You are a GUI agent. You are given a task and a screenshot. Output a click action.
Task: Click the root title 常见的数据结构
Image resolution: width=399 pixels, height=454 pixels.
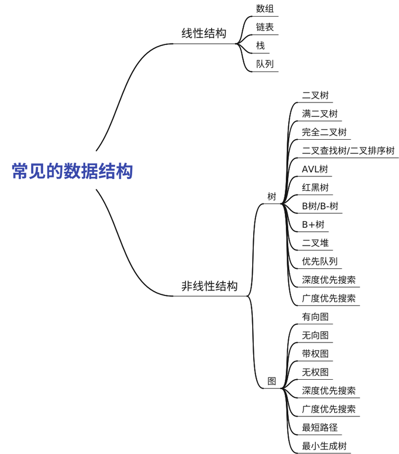click(x=73, y=171)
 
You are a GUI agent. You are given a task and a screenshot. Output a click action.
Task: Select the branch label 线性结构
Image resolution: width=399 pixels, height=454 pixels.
click(x=204, y=33)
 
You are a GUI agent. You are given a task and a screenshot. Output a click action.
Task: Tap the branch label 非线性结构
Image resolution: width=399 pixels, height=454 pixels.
click(x=209, y=286)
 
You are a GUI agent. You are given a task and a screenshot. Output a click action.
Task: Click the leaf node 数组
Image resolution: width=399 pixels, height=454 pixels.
click(x=265, y=8)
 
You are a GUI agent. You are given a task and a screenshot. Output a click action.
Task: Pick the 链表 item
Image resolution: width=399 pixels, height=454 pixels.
click(x=265, y=27)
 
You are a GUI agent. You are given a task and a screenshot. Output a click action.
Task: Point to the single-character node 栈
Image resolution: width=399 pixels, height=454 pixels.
click(x=260, y=45)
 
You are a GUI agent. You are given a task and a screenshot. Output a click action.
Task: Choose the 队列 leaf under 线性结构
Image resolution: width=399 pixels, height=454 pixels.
click(x=265, y=64)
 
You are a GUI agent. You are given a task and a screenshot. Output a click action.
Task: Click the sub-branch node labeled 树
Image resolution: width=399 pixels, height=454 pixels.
click(x=272, y=196)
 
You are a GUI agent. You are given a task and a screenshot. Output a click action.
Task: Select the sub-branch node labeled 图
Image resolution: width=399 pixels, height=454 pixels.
click(x=272, y=381)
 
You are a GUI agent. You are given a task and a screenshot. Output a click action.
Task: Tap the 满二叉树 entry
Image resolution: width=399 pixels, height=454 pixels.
click(x=320, y=114)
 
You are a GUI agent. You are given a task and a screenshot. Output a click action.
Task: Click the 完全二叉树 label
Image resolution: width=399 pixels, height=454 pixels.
click(x=324, y=132)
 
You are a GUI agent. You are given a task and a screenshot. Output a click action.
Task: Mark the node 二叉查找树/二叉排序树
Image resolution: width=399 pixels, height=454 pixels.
click(x=348, y=151)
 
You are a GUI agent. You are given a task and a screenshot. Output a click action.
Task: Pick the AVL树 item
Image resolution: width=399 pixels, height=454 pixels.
click(x=315, y=169)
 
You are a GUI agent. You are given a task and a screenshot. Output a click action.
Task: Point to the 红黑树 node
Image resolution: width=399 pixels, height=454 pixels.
click(x=315, y=187)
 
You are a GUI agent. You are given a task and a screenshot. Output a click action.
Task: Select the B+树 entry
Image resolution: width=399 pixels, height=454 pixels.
click(x=313, y=225)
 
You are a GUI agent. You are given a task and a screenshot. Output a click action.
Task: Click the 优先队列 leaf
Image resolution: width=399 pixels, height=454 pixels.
click(x=320, y=262)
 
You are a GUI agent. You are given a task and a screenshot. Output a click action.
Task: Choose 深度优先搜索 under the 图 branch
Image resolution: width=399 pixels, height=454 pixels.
click(x=329, y=391)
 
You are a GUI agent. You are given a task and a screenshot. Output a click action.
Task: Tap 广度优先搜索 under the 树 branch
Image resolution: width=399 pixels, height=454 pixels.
click(x=329, y=298)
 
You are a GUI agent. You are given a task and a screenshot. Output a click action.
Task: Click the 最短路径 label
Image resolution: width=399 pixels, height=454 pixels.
click(x=320, y=427)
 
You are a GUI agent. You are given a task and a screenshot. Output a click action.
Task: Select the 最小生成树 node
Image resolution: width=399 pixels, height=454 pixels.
click(x=324, y=446)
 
